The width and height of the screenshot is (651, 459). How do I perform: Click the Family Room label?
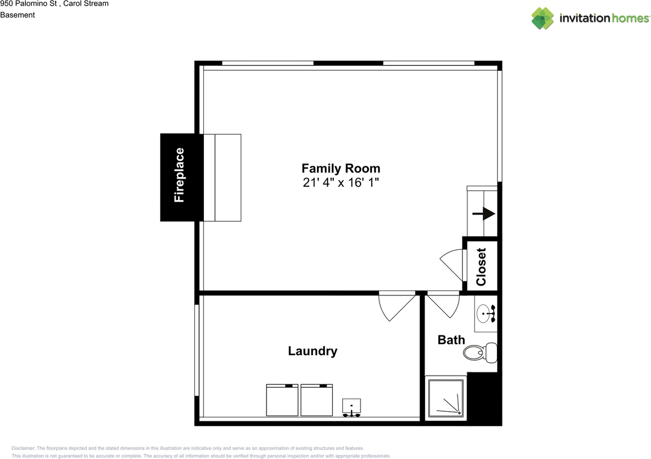click(340, 168)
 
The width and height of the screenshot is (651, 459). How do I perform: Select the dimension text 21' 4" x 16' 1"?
click(340, 183)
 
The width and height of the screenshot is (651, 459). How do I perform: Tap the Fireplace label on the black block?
click(179, 176)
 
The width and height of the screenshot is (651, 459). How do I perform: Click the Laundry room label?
click(312, 351)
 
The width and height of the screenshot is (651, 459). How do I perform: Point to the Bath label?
click(451, 339)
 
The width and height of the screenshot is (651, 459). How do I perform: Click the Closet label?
click(481, 266)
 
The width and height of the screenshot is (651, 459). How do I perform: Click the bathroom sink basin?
click(485, 313)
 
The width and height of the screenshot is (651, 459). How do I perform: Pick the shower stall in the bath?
click(446, 398)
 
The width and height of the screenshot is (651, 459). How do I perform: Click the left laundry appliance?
click(282, 400)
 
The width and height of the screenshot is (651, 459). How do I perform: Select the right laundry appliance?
click(316, 400)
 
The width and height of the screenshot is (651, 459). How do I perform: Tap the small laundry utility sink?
click(351, 407)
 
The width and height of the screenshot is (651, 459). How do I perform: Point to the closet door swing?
click(453, 265)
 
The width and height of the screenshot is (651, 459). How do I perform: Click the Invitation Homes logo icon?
click(543, 18)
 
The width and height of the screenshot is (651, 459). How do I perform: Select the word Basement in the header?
click(17, 15)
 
